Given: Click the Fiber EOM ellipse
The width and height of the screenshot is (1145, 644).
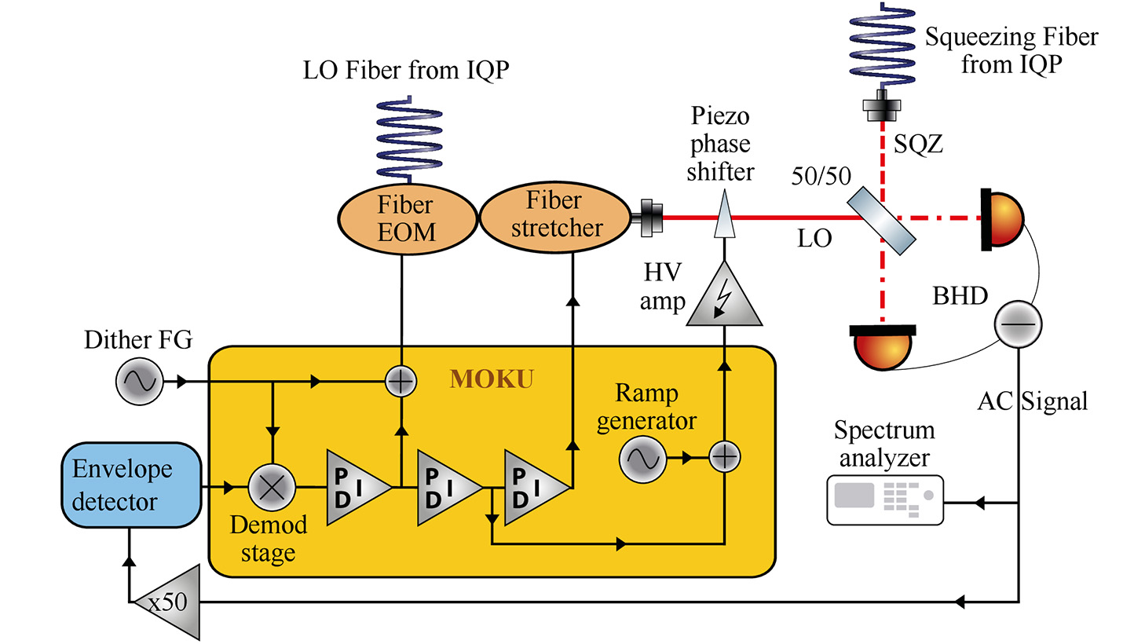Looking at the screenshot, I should (x=407, y=219).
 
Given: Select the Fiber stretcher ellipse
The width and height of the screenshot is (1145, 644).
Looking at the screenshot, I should (x=554, y=216).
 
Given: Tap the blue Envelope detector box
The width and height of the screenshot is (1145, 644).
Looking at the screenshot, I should (x=131, y=485).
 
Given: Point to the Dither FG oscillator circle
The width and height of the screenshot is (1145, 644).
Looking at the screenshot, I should (x=140, y=382).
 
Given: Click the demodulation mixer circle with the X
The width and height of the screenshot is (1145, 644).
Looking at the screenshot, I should (x=272, y=487).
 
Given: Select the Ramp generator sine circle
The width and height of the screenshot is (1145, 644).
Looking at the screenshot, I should (x=642, y=459).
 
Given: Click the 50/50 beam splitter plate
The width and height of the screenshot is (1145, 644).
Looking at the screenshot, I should (x=881, y=220).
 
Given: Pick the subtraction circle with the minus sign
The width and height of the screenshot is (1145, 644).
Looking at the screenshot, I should (x=1018, y=324).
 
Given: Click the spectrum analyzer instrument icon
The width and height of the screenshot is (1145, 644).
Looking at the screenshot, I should (x=884, y=499).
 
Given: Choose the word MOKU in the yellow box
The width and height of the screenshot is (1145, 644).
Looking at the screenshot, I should (x=492, y=379).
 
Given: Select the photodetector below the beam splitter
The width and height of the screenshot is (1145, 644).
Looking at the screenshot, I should (x=883, y=348).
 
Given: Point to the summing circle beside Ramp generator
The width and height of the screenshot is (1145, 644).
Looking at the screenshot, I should (x=724, y=457).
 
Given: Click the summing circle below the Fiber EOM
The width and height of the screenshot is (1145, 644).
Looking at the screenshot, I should (x=401, y=382).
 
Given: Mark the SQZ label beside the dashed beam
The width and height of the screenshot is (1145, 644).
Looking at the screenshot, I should (x=918, y=145).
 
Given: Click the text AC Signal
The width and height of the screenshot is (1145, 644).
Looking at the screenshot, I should (x=1032, y=401).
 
